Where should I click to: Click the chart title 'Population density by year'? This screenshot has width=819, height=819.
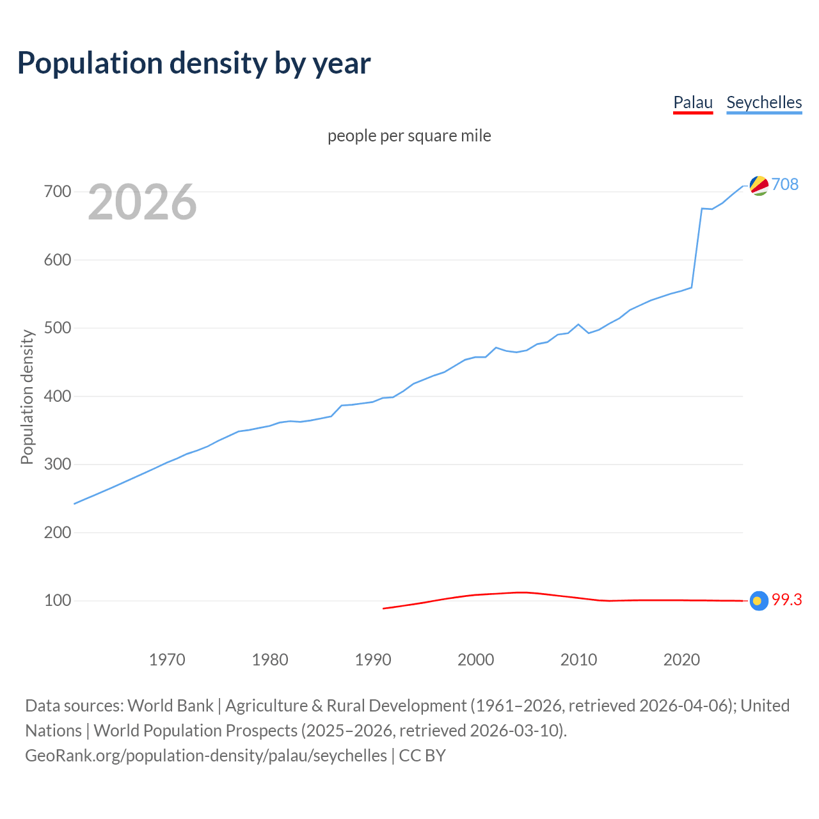pyautogui.click(x=194, y=63)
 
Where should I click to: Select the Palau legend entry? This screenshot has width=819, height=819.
pyautogui.click(x=693, y=102)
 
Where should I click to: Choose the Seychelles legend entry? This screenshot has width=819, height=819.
pyautogui.click(x=764, y=102)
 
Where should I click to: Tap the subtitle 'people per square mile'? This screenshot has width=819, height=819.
pyautogui.click(x=409, y=136)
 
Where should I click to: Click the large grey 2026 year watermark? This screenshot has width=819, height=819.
pyautogui.click(x=142, y=202)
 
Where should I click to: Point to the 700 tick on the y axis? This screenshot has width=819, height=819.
pyautogui.click(x=58, y=191)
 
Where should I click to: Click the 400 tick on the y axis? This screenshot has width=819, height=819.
pyautogui.click(x=58, y=396)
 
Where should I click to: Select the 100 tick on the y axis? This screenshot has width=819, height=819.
pyautogui.click(x=58, y=600)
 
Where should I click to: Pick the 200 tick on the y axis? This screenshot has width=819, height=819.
pyautogui.click(x=58, y=532)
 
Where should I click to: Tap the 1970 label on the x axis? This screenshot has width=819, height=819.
pyautogui.click(x=167, y=660)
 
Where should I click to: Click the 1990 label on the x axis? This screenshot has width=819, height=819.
pyautogui.click(x=373, y=660)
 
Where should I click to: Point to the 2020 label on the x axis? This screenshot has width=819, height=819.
pyautogui.click(x=681, y=660)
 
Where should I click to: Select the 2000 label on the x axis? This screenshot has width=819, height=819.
pyautogui.click(x=475, y=660)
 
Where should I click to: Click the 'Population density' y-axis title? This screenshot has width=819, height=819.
pyautogui.click(x=27, y=397)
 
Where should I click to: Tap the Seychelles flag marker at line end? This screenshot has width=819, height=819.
pyautogui.click(x=759, y=186)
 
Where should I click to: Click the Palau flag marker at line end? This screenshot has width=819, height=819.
pyautogui.click(x=759, y=601)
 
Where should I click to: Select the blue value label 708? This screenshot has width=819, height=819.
pyautogui.click(x=785, y=184)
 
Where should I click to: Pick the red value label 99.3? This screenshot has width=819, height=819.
pyautogui.click(x=786, y=600)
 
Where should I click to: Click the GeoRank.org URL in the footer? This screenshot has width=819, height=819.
pyautogui.click(x=206, y=756)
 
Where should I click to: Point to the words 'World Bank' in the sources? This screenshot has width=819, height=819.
pyautogui.click(x=170, y=706)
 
